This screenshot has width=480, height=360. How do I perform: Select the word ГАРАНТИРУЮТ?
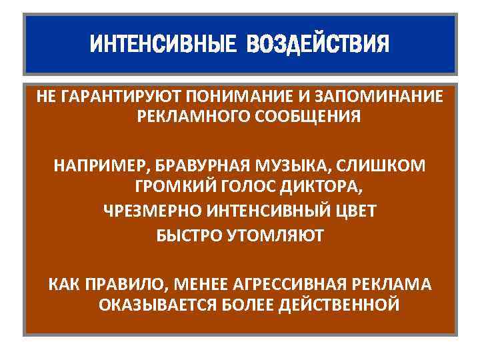119,96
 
